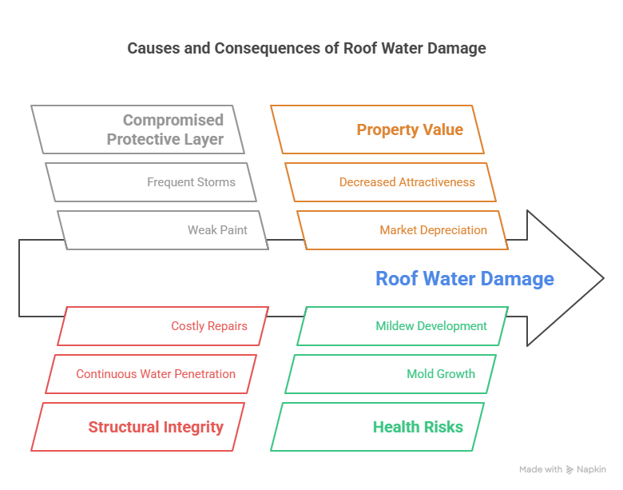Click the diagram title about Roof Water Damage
(306, 49)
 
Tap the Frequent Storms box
(151, 182)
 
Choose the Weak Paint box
(163, 230)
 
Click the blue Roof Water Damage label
(464, 279)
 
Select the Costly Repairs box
(163, 326)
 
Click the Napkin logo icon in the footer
(569, 470)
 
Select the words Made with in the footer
(540, 470)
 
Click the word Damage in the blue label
(518, 279)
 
